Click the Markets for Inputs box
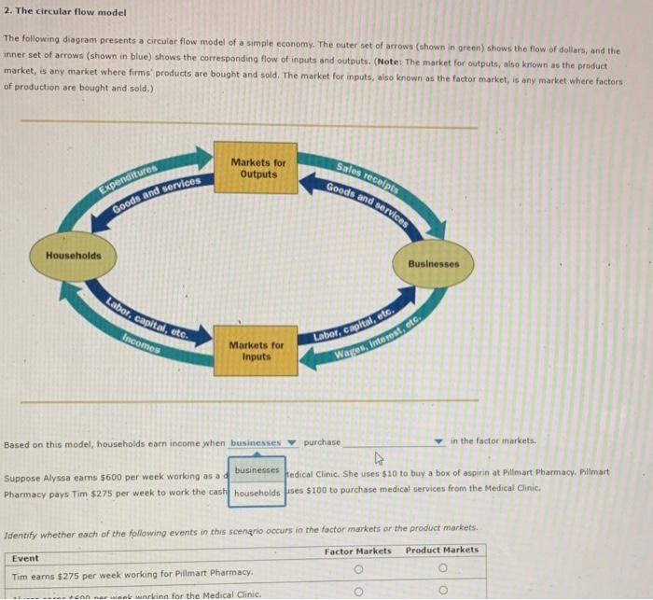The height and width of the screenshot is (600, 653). tap(256, 351)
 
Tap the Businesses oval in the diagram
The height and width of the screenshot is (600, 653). tap(434, 264)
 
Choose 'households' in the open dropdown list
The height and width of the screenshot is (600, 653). tap(257, 493)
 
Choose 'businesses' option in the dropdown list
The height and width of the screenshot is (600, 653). tap(257, 471)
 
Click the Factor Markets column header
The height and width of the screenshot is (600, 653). tap(358, 551)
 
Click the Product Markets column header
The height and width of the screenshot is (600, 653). tap(442, 551)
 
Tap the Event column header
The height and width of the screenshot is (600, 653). tap(25, 558)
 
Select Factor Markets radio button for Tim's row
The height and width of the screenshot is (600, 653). tap(358, 571)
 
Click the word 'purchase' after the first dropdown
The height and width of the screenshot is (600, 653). tap(322, 442)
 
